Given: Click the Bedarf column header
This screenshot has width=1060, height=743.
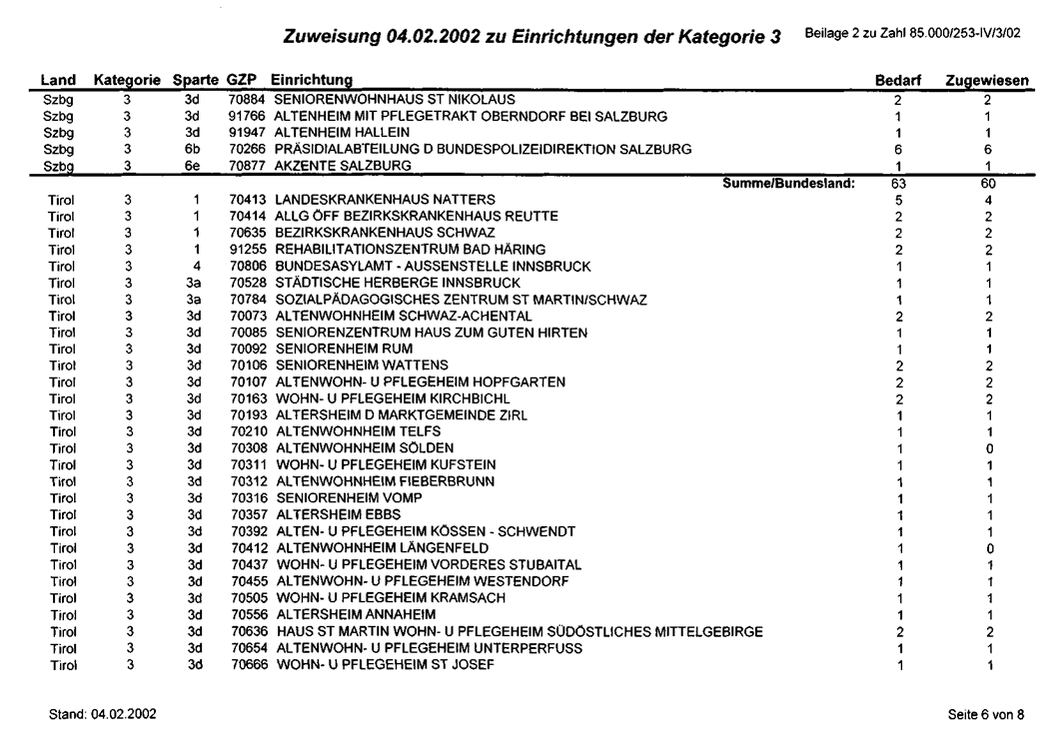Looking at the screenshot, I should coord(897,79).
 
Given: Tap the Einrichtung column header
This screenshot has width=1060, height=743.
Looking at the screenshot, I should coord(311,79).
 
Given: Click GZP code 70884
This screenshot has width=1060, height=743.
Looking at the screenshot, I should coord(248,99).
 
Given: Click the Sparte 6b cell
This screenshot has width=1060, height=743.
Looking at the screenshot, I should coord(194,149).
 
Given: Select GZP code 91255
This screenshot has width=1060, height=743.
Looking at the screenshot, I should coord(248,249).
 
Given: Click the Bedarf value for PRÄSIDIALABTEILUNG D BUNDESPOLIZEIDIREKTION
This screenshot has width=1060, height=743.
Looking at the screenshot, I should coord(897,149).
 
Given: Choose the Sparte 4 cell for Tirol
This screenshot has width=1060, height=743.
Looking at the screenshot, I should coord(194,266).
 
